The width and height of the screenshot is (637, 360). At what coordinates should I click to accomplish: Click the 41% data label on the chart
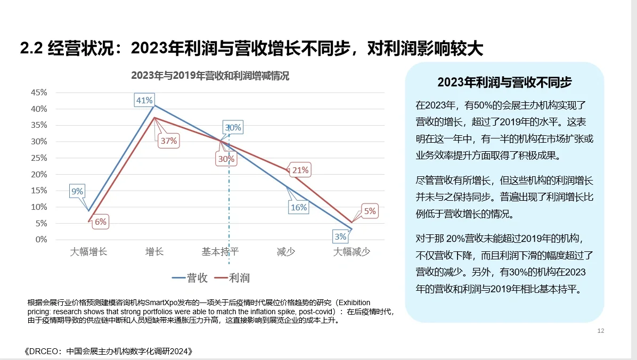[x=144, y=100]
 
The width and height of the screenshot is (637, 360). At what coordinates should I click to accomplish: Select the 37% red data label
[x=168, y=141]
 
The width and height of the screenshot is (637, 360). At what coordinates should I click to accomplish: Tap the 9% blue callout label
[x=77, y=191]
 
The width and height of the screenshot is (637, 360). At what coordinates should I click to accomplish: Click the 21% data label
[x=300, y=170]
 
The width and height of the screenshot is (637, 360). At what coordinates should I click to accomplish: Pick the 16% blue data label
[x=299, y=207]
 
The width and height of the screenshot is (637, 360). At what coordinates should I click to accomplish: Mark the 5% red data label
[x=370, y=211]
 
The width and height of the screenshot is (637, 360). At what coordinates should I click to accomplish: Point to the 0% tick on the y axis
[x=41, y=240]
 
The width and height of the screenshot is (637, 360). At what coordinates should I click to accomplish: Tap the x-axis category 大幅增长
[x=88, y=252]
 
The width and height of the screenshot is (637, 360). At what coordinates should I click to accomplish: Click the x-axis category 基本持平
[x=220, y=252]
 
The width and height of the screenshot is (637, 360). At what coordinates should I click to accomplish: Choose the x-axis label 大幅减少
[x=352, y=252]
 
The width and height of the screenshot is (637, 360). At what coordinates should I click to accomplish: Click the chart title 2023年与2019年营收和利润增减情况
[x=210, y=75]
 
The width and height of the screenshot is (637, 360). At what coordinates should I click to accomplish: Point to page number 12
[x=601, y=331]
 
